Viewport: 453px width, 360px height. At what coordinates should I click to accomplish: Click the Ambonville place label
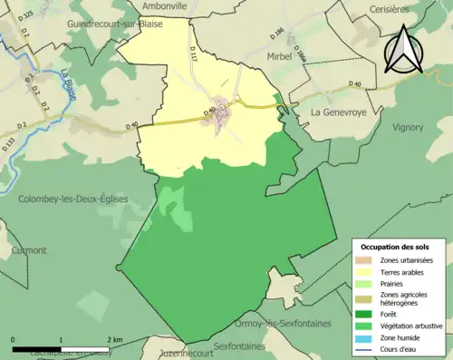164,5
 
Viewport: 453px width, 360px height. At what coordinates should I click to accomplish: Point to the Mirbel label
280,56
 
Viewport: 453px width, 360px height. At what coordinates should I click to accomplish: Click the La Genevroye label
343,112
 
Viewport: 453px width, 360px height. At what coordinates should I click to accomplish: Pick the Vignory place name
407,128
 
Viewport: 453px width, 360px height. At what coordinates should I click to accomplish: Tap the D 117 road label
193,57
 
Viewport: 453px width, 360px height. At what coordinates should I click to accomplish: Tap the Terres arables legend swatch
365,271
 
